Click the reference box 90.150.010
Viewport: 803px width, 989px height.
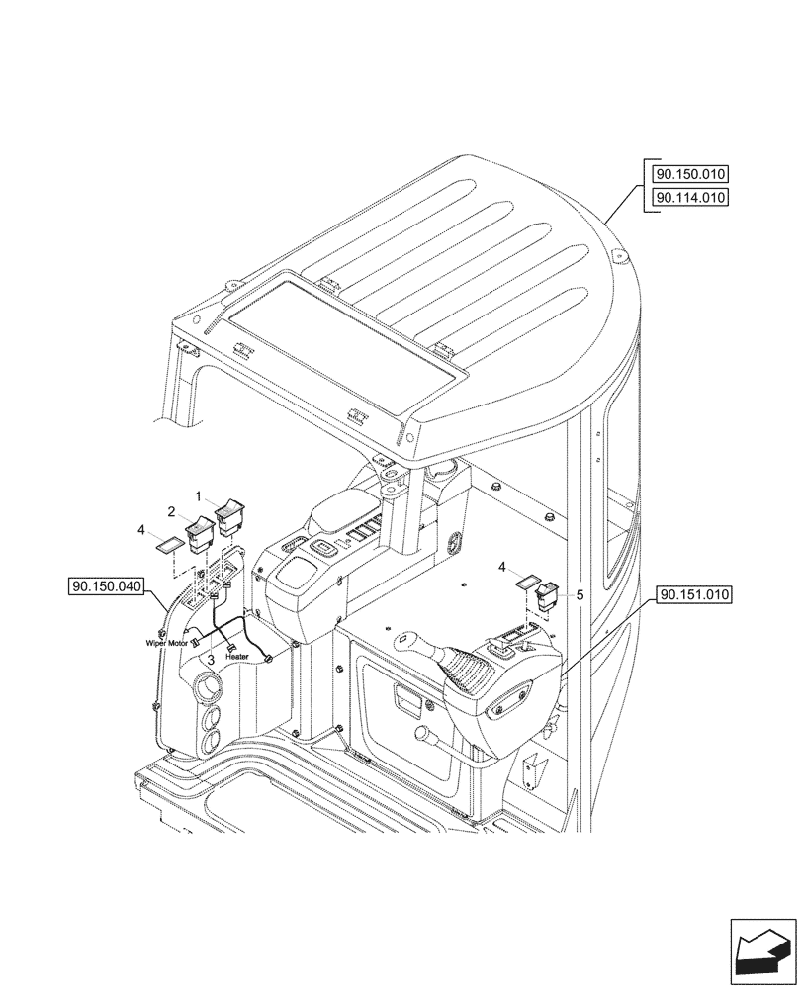pyautogui.click(x=689, y=174)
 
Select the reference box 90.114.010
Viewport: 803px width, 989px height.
pyautogui.click(x=689, y=197)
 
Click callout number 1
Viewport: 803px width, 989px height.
pyautogui.click(x=198, y=494)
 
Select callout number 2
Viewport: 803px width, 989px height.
pyautogui.click(x=171, y=511)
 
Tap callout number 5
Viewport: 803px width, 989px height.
pyautogui.click(x=580, y=595)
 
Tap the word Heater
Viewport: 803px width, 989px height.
pyautogui.click(x=236, y=656)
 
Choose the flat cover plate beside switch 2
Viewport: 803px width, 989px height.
pyautogui.click(x=168, y=543)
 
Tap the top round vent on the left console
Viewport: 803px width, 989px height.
pyautogui.click(x=209, y=687)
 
